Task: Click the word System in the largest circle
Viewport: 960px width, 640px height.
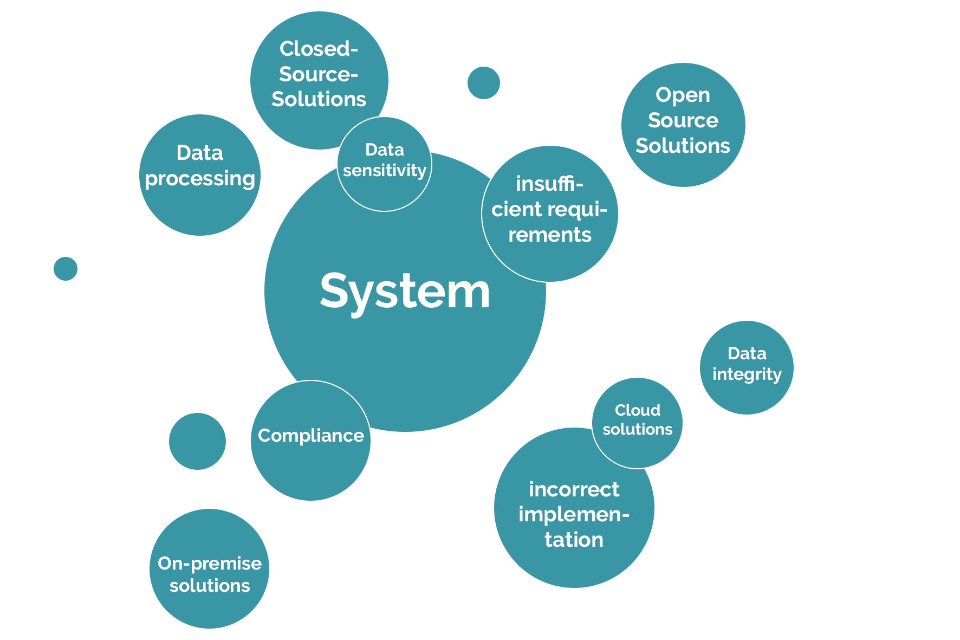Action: point(405,292)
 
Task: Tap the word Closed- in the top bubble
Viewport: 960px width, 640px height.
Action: point(319,49)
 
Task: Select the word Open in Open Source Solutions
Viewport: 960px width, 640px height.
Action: point(683,95)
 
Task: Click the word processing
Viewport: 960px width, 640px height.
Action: point(200,179)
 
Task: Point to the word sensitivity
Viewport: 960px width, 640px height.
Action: point(385,171)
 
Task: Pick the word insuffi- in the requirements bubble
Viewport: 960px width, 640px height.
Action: point(549,184)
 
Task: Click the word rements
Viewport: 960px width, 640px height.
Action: point(549,235)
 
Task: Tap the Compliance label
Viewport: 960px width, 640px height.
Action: point(311,436)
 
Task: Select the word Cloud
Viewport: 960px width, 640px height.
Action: point(637,410)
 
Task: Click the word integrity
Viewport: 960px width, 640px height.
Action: point(747,374)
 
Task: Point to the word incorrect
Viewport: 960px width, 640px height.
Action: point(574,489)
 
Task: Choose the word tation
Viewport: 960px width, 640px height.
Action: point(574,540)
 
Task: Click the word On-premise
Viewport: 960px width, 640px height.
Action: point(210,564)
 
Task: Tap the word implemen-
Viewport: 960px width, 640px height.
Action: point(574,514)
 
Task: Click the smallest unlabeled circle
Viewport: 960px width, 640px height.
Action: point(66,269)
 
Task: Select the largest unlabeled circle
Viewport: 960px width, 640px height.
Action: point(197,441)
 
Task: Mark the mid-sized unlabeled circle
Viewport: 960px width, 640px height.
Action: point(483,83)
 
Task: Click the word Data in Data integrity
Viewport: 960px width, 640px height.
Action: point(747,354)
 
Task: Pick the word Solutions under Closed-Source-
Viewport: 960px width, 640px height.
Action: point(319,99)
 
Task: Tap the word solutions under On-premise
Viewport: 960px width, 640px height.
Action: point(210,586)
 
